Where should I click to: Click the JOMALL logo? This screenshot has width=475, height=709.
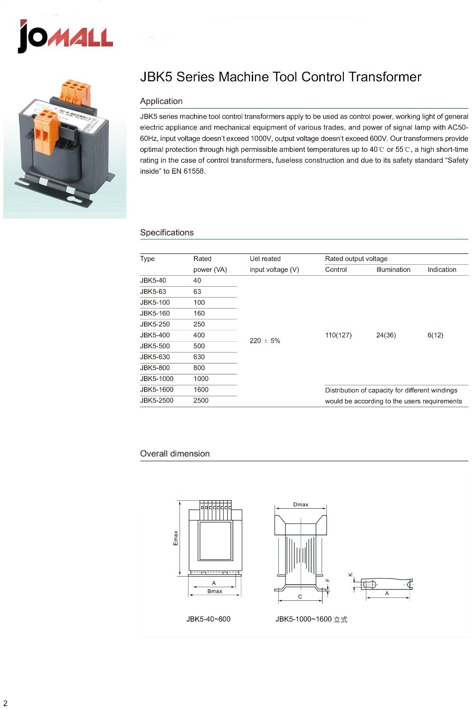[x=66, y=37]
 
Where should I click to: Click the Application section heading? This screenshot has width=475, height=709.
[x=161, y=101]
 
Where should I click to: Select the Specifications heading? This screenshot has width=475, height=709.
[x=167, y=233]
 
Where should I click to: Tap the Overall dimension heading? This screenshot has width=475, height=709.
[x=175, y=454]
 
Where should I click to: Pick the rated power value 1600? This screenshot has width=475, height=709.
[x=201, y=390]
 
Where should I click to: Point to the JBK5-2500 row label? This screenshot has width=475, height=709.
[x=157, y=401]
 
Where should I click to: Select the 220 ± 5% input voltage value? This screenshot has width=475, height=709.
[x=265, y=341]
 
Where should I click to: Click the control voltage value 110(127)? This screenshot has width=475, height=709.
[x=338, y=335]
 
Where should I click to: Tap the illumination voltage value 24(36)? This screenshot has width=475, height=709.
[x=386, y=335]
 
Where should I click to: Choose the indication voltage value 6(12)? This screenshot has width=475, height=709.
[x=435, y=335]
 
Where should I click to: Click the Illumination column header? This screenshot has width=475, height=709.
[x=393, y=270]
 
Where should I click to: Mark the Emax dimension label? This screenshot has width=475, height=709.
[x=176, y=538]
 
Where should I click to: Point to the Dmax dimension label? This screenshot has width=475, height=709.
[x=301, y=504]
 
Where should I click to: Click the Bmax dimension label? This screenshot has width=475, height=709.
[x=215, y=591]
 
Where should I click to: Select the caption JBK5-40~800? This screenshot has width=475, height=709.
[x=208, y=619]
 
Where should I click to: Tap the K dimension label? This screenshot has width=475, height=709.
[x=351, y=575]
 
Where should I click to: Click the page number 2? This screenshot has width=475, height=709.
[x=5, y=703]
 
